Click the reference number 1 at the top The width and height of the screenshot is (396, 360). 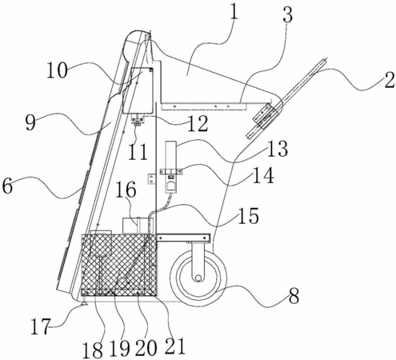click(x=234, y=10)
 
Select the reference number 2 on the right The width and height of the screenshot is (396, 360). click(x=389, y=80)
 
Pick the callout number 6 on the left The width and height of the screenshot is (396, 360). click(x=7, y=186)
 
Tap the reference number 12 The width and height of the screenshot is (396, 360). click(x=198, y=124)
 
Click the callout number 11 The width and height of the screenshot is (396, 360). click(x=138, y=152)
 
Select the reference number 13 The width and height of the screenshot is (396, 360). click(x=278, y=149)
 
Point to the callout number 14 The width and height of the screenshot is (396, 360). click(x=263, y=175)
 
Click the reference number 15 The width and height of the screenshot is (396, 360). click(x=249, y=215)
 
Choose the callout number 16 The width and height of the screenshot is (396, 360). click(x=126, y=190)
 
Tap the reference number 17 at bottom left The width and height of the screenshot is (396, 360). click(x=40, y=326)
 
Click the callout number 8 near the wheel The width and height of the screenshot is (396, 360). click(x=294, y=296)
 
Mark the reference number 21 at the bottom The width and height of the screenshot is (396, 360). click(x=175, y=346)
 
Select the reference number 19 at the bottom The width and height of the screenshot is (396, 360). click(x=120, y=349)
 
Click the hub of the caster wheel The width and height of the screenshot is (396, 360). click(x=198, y=278)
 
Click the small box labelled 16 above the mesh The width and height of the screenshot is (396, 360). click(x=138, y=226)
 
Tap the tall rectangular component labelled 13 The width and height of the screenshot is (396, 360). click(x=170, y=155)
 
